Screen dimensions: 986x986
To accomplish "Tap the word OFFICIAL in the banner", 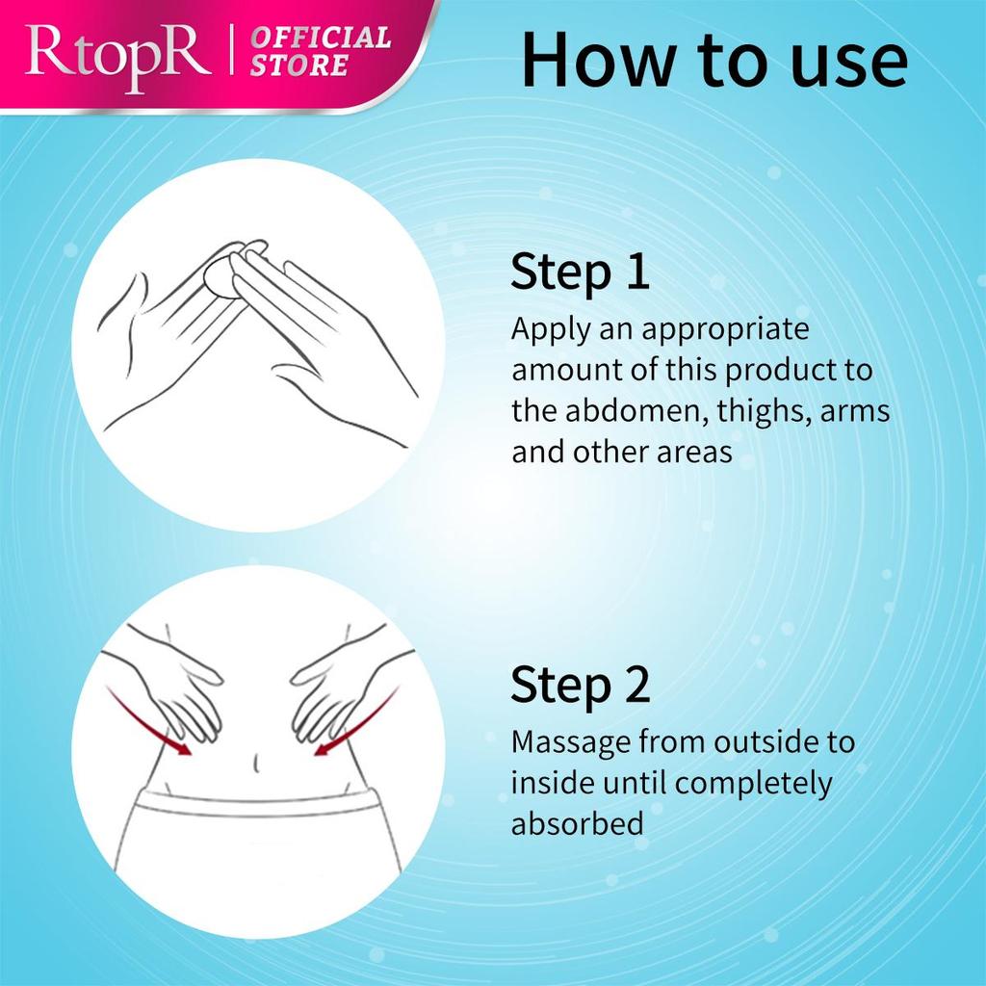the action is (x=321, y=38).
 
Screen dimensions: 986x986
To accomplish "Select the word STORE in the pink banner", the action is (x=299, y=65).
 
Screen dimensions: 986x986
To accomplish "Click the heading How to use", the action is (x=714, y=59).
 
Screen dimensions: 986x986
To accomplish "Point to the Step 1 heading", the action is (x=580, y=272).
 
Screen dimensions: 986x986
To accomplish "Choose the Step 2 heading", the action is (x=580, y=685).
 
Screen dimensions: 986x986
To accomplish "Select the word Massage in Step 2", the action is (x=571, y=742).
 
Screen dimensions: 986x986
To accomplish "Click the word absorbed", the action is (x=578, y=824).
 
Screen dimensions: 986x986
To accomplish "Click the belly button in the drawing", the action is (x=255, y=763).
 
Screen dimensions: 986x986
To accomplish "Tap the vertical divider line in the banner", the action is (x=232, y=50).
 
